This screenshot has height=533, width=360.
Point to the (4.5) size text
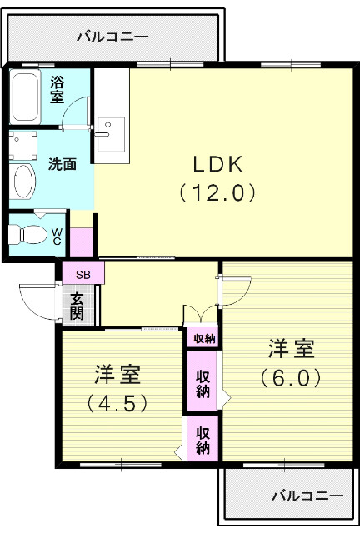[117, 403]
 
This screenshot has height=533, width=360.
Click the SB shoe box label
[82, 274]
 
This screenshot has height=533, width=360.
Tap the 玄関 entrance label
[77, 306]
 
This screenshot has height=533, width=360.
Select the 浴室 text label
[57, 89]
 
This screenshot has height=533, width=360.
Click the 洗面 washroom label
[62, 164]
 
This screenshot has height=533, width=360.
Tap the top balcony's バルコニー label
[112, 37]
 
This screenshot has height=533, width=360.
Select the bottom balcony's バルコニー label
[307, 496]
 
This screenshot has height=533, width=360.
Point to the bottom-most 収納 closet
[202, 439]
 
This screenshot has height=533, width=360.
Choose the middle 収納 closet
[202, 382]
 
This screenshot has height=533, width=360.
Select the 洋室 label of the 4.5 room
[117, 374]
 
